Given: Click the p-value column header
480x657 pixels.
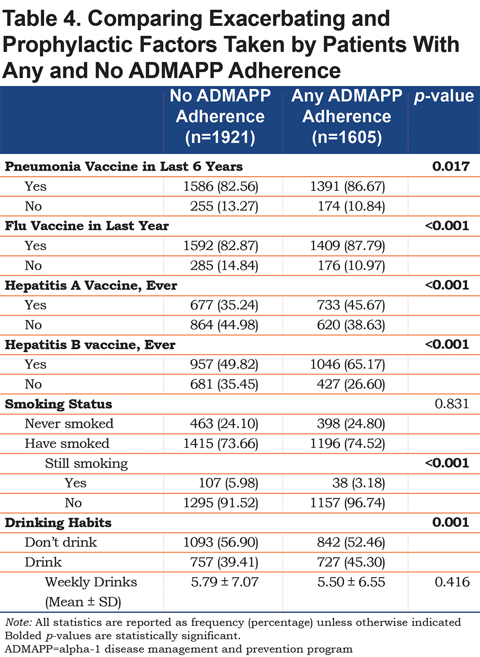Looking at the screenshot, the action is click(444, 97).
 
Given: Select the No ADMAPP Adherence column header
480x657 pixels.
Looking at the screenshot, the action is click(220, 116).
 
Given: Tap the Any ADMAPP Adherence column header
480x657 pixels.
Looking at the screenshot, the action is click(347, 116).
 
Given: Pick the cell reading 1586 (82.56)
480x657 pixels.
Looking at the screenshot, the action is click(221, 186).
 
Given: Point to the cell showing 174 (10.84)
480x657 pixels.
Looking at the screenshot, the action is click(351, 206).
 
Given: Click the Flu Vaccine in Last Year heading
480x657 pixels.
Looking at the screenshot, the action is click(87, 226).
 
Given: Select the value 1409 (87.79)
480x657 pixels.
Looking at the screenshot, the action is click(348, 246).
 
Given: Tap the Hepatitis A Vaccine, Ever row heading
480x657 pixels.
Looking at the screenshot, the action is click(91, 285).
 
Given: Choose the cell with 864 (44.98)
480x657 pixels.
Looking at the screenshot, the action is click(224, 325).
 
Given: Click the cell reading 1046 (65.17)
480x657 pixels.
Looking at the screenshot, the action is click(348, 364).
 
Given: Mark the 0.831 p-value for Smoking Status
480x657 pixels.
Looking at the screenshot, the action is click(452, 404).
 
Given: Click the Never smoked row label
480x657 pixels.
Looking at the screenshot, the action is click(69, 423).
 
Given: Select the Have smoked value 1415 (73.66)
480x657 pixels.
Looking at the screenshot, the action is click(221, 444).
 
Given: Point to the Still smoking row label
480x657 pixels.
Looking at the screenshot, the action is click(86, 464).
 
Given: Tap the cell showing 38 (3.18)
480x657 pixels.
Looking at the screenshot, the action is click(359, 483).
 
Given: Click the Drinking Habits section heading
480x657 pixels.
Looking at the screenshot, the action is click(58, 522).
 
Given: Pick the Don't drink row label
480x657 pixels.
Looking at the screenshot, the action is click(61, 542).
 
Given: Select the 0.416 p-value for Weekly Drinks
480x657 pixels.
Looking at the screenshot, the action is click(452, 582).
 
